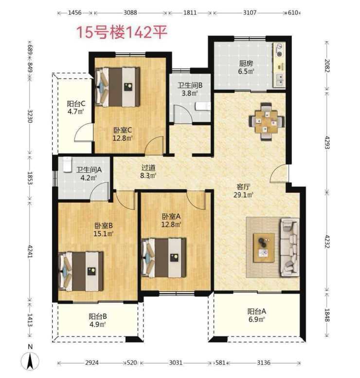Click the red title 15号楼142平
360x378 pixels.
[122, 32]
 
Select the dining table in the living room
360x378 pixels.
[267, 121]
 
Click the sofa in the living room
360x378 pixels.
[289, 247]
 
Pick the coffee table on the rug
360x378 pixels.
[264, 248]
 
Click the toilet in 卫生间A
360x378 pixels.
[68, 165]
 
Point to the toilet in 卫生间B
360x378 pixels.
[203, 106]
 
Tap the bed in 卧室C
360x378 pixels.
[118, 87]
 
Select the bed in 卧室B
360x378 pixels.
[81, 271]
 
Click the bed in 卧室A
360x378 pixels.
[164, 258]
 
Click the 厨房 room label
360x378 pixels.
[246, 63]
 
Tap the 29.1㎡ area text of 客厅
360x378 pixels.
[243, 195]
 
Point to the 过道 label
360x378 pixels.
[148, 167]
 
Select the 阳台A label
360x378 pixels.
[257, 311]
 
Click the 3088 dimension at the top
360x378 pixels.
[130, 13]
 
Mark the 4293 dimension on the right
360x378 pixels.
[327, 142]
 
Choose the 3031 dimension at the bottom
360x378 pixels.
[176, 362]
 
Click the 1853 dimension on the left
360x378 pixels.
[30, 178]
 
